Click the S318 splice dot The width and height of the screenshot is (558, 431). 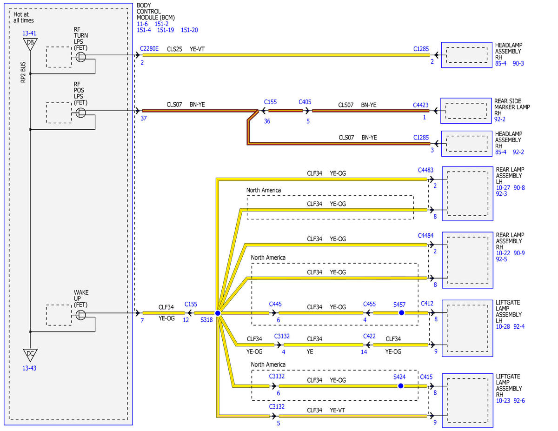pyautogui.click(x=218, y=313)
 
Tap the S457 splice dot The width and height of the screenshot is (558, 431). pyautogui.click(x=402, y=312)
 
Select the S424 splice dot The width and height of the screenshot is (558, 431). pyautogui.click(x=400, y=386)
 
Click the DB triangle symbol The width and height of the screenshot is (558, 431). pyautogui.click(x=30, y=44)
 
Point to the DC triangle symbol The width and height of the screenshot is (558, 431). pyautogui.click(x=30, y=354)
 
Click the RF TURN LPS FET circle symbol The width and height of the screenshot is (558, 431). pyautogui.click(x=80, y=57)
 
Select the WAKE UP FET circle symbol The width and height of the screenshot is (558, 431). pyautogui.click(x=80, y=315)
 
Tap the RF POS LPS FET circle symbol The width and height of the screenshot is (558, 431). pyautogui.click(x=80, y=113)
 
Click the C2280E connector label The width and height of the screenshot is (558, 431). pyautogui.click(x=149, y=48)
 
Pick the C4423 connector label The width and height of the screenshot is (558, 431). pyautogui.click(x=421, y=105)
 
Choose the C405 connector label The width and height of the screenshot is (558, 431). pyautogui.click(x=305, y=102)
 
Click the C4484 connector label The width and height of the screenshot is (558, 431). pyautogui.click(x=425, y=235)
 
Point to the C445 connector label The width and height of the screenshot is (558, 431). pyautogui.click(x=275, y=304)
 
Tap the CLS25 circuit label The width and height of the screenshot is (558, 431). pyautogui.click(x=174, y=49)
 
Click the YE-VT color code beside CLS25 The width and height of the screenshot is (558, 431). pyautogui.click(x=197, y=49)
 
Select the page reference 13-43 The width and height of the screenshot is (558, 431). pyautogui.click(x=29, y=368)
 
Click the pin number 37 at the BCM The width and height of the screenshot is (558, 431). pyautogui.click(x=144, y=118)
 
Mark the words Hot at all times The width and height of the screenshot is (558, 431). pyautogui.click(x=24, y=18)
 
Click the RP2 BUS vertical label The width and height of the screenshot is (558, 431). pyautogui.click(x=23, y=72)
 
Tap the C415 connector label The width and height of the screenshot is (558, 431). pyautogui.click(x=426, y=377)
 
